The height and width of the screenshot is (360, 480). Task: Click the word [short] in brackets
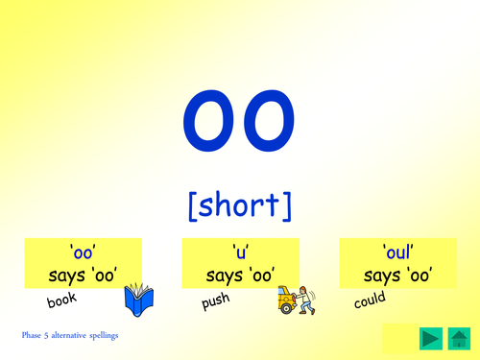(x=239, y=204)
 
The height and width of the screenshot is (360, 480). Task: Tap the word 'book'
(x=60, y=300)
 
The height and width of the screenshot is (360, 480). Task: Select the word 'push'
(x=214, y=303)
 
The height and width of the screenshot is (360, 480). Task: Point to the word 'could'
(x=369, y=301)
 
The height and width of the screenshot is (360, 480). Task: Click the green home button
(x=458, y=338)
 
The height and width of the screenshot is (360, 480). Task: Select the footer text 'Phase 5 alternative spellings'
(x=71, y=336)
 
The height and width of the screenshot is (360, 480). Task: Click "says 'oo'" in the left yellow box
(x=83, y=276)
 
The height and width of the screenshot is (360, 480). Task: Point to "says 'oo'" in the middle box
(x=241, y=276)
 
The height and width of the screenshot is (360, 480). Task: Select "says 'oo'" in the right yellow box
(x=397, y=276)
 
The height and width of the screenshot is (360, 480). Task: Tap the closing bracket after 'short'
(x=287, y=205)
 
